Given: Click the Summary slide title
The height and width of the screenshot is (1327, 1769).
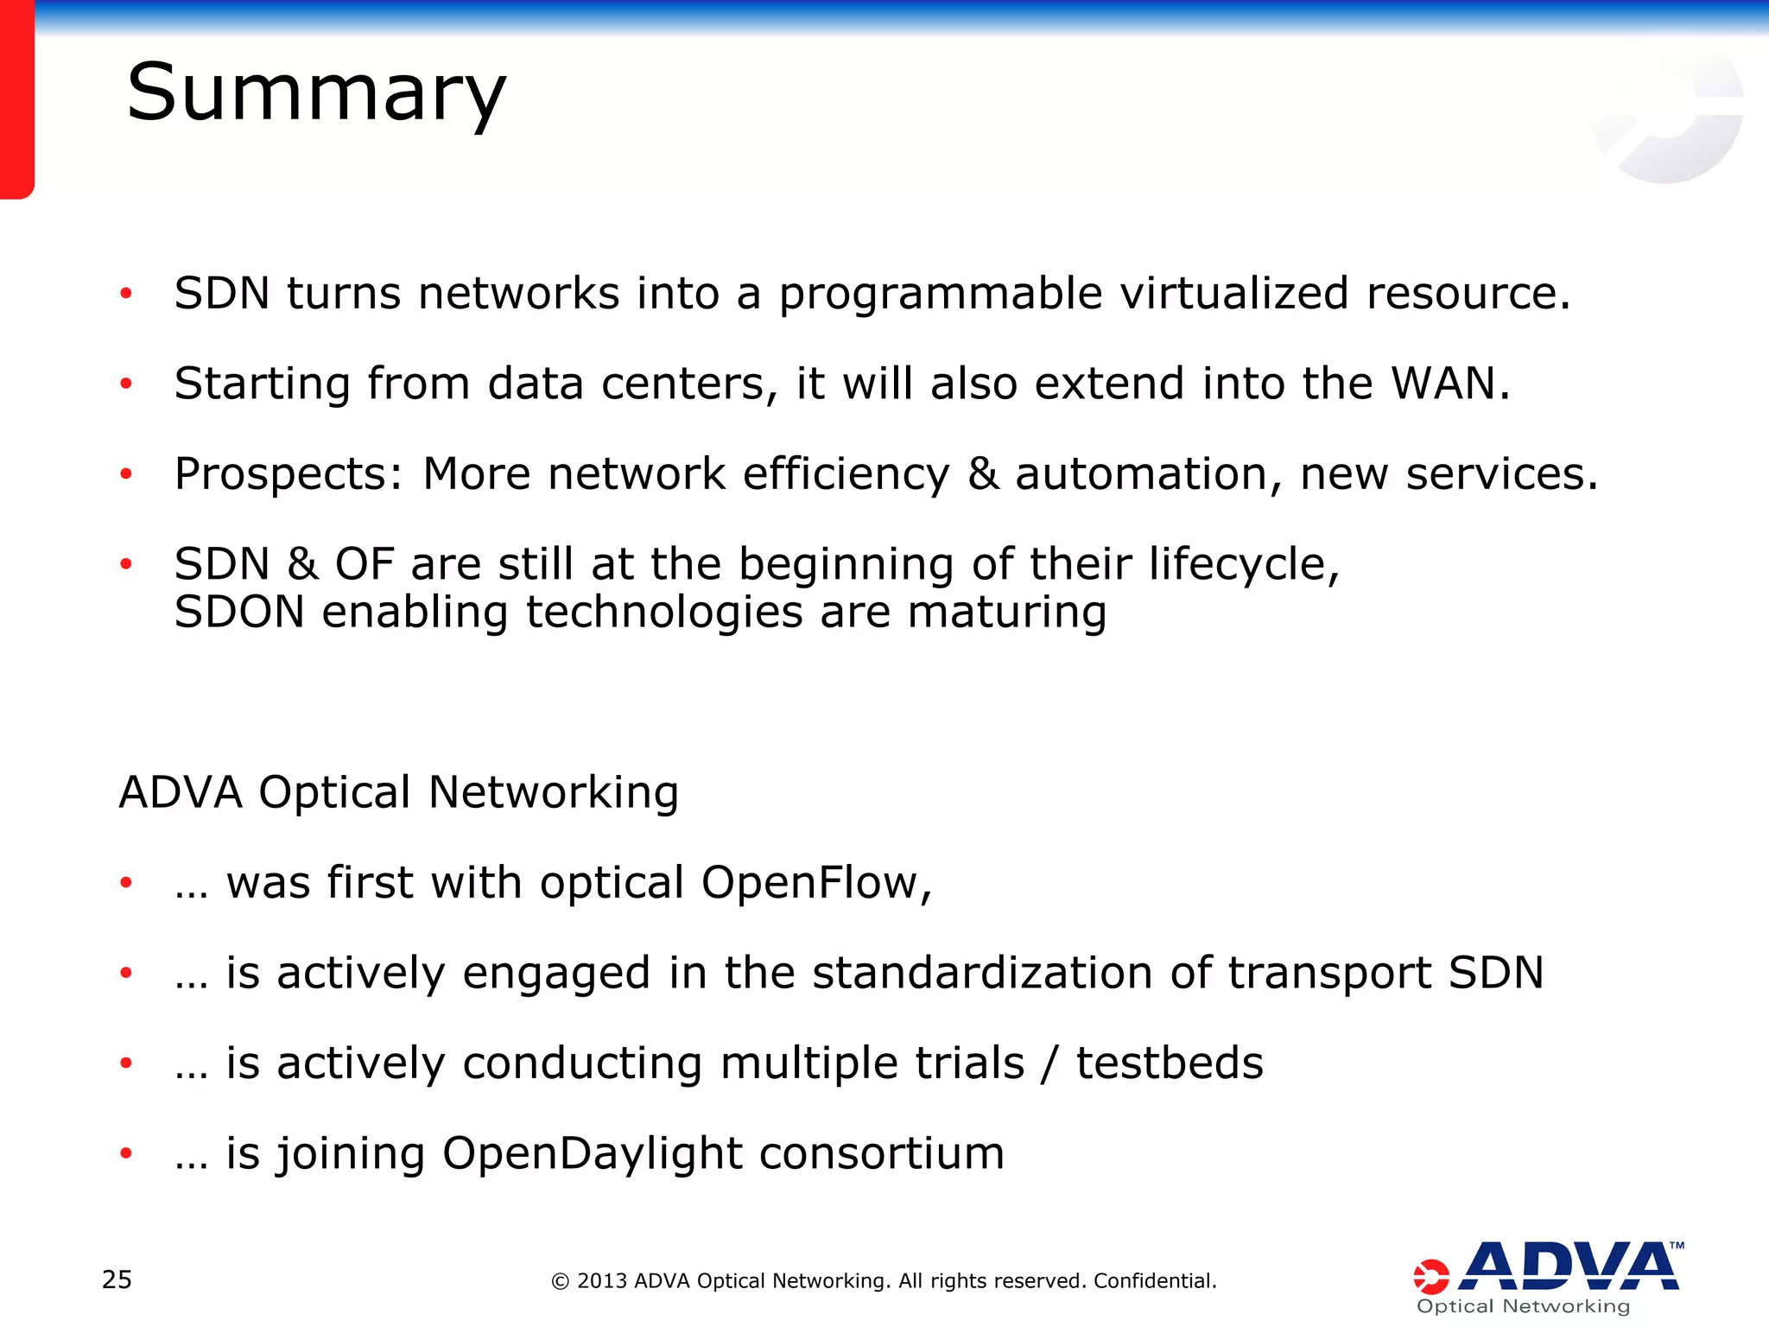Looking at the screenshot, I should pyautogui.click(x=316, y=93).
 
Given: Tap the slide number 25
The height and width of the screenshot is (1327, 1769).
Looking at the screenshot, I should pyautogui.click(x=117, y=1279).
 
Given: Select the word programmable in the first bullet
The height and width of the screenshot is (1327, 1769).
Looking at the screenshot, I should pyautogui.click(x=941, y=294).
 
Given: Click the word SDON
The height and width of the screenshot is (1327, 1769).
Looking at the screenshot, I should pyautogui.click(x=239, y=612).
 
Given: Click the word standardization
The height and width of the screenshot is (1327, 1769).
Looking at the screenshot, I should pyautogui.click(x=982, y=973).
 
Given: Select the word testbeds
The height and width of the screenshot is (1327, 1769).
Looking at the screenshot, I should pyautogui.click(x=1169, y=1063).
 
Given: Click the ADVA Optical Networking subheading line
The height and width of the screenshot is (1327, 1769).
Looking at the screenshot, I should pyautogui.click(x=398, y=792).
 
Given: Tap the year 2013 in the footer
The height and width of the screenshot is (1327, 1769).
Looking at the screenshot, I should pyautogui.click(x=601, y=1280).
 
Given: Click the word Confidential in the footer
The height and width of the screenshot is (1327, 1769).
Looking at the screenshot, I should pyautogui.click(x=1153, y=1280).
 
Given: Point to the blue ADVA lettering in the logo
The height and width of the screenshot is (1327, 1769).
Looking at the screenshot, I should pyautogui.click(x=1569, y=1267).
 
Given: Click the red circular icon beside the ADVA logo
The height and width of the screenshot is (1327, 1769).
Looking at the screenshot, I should pyautogui.click(x=1430, y=1277).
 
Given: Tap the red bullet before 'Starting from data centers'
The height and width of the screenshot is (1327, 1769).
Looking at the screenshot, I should pyautogui.click(x=126, y=384).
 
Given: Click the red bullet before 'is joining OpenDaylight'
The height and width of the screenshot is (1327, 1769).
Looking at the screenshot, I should pyautogui.click(x=126, y=1153).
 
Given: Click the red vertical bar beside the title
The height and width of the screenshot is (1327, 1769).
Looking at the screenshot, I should pyautogui.click(x=16, y=99).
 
